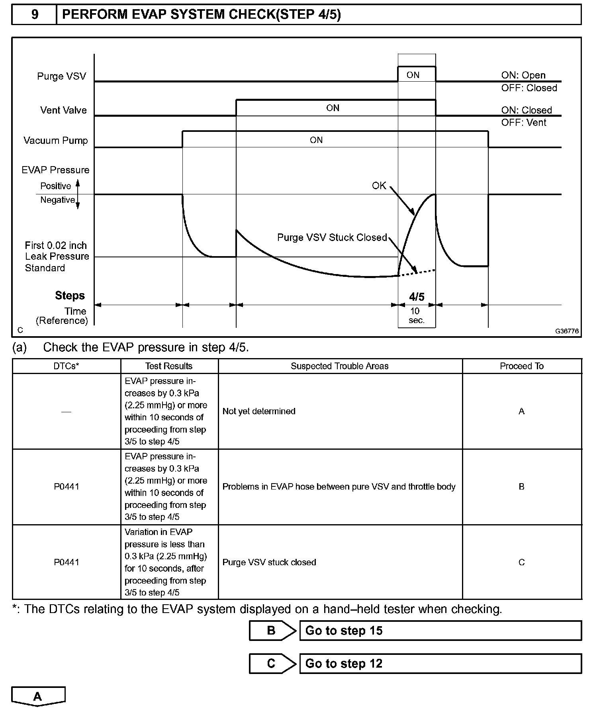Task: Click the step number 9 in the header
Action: pos(35,15)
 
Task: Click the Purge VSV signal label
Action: pos(61,76)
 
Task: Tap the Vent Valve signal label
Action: pos(63,110)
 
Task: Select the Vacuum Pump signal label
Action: pos(55,140)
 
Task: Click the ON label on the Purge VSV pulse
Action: pos(413,75)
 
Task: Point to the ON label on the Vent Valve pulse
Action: pos(333,108)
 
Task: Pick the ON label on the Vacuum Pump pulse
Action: pos(316,140)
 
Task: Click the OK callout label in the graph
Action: pos(379,186)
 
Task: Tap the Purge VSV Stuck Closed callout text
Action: pos(332,237)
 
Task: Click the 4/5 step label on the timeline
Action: pos(417,297)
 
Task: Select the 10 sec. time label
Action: pos(416,315)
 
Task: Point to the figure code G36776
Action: pos(567,331)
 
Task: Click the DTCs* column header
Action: pos(66,366)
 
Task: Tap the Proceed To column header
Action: pos(521,366)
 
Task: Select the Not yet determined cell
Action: pos(259,411)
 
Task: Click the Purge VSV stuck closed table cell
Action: pos(269,562)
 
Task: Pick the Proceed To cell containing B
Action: pos(521,486)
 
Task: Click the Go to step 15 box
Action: pos(440,631)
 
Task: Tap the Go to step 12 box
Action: pos(440,663)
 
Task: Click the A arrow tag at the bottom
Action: pos(38,696)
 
